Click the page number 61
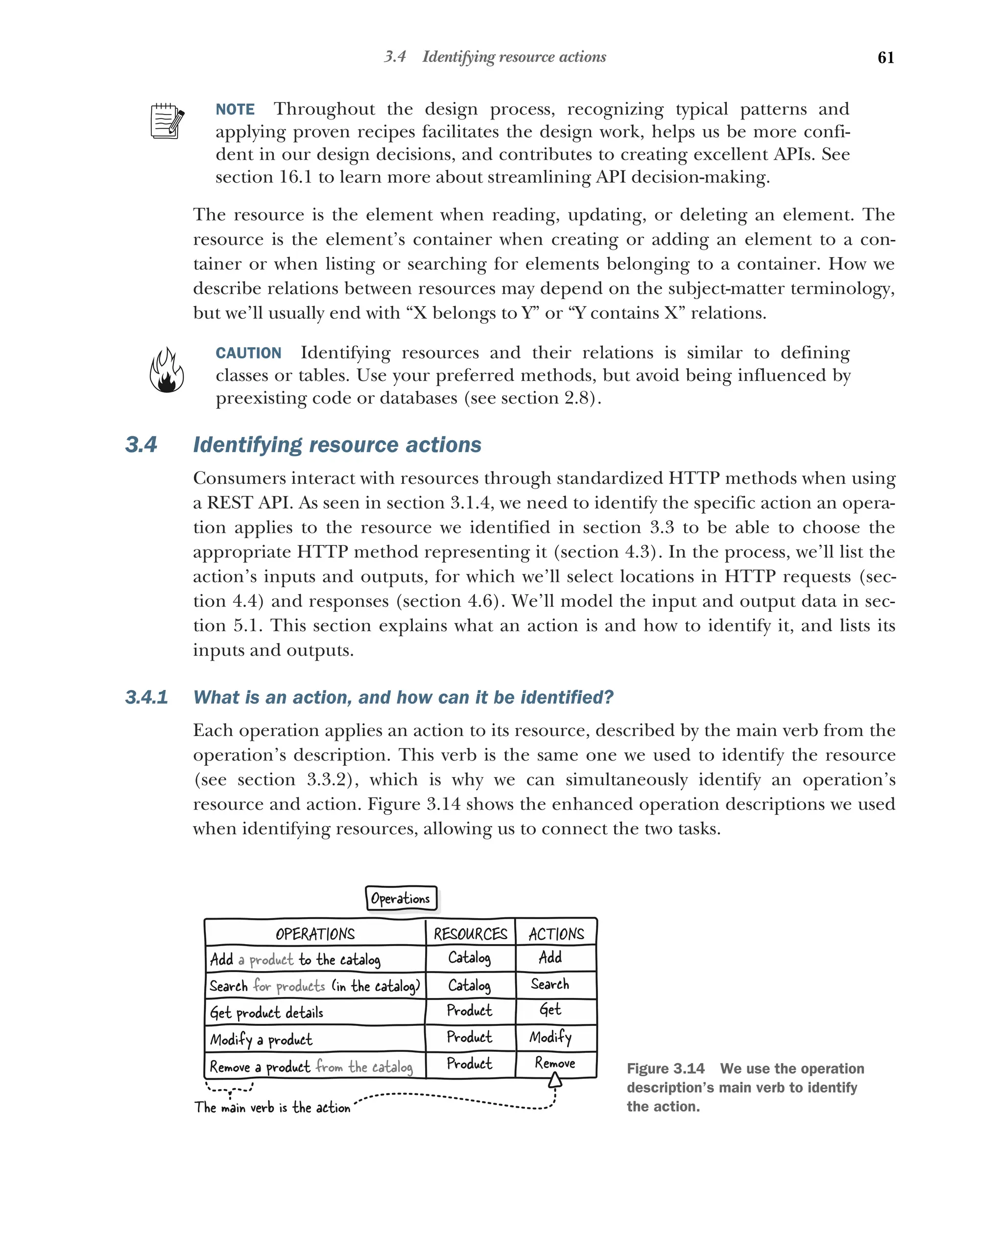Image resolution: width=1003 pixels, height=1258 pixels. click(x=885, y=57)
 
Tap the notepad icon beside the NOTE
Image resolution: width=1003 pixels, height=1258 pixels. click(x=167, y=121)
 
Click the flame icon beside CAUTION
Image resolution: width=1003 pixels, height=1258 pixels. click(x=167, y=371)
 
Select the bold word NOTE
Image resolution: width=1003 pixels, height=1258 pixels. click(x=235, y=110)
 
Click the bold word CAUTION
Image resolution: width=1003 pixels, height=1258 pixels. click(x=249, y=353)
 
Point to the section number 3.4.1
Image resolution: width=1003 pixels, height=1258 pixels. click(x=146, y=697)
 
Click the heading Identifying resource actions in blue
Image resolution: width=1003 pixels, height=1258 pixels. click(x=337, y=445)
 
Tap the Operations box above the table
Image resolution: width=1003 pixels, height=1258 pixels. click(x=401, y=899)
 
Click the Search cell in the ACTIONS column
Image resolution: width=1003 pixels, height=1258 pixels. click(x=549, y=984)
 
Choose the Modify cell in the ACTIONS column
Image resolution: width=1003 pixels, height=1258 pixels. click(x=550, y=1037)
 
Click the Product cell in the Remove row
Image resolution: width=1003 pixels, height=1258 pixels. click(x=470, y=1063)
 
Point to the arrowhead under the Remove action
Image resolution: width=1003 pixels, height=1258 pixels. click(x=555, y=1081)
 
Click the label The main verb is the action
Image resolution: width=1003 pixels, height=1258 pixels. click(x=272, y=1108)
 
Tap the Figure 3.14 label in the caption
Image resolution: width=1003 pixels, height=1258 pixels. click(x=665, y=1068)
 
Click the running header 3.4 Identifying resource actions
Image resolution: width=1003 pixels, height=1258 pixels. click(x=495, y=57)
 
